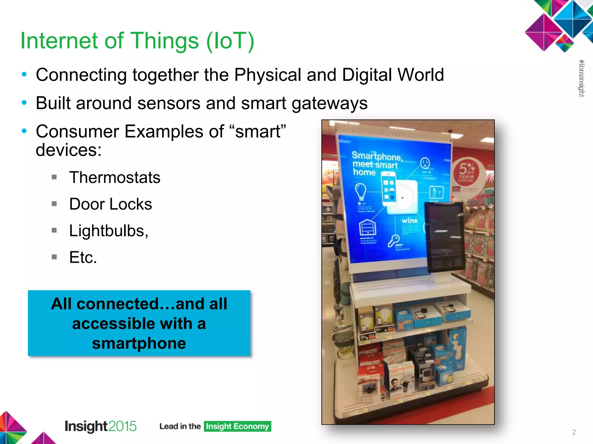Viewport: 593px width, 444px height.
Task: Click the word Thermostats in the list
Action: coord(115,177)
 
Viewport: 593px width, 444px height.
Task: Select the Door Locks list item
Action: coord(110,204)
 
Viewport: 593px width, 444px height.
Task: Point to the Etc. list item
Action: coord(83,257)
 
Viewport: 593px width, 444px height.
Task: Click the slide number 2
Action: coord(574,432)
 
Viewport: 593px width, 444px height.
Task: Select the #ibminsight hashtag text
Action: coord(581,78)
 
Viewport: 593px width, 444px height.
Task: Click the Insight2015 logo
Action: coord(100,426)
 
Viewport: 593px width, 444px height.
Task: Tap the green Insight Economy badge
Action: coord(237,426)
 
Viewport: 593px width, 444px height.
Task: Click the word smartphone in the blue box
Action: coord(139,343)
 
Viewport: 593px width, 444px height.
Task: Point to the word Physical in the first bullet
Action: coord(268,75)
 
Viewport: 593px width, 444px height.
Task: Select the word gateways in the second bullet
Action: coord(330,103)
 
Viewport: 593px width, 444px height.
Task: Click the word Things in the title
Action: coord(165,41)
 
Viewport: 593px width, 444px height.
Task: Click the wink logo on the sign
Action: coord(410,221)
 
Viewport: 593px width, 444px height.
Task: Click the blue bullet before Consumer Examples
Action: coord(24,131)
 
